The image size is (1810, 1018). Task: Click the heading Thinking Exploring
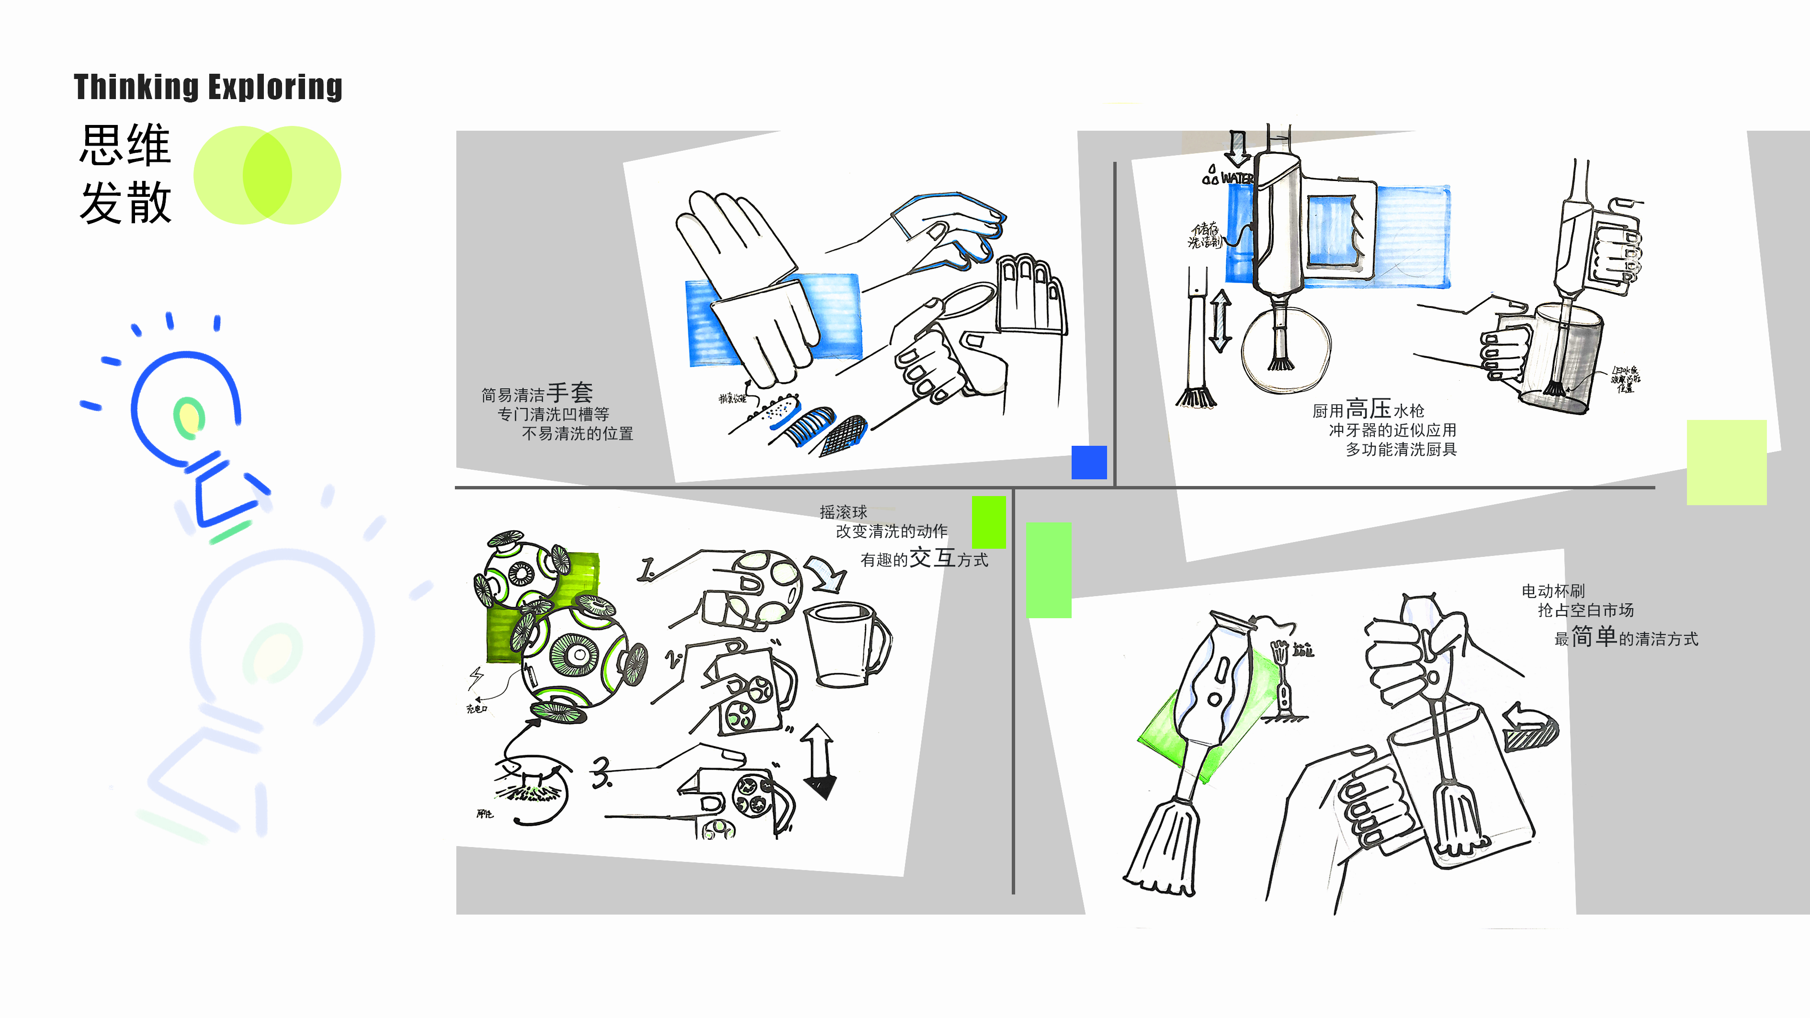pyautogui.click(x=208, y=87)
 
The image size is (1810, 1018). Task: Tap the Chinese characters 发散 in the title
pyautogui.click(x=125, y=203)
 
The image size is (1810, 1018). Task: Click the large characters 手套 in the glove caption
pyautogui.click(x=570, y=392)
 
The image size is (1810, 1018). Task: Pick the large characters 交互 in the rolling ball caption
pyautogui.click(x=932, y=558)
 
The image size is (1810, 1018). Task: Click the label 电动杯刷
pyautogui.click(x=1553, y=591)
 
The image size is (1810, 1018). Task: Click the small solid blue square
pyautogui.click(x=1088, y=462)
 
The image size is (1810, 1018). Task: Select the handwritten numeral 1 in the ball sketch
pyautogui.click(x=646, y=569)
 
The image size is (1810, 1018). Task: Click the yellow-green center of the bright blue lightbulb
pyautogui.click(x=188, y=417)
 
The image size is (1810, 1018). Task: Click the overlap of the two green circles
pyautogui.click(x=267, y=175)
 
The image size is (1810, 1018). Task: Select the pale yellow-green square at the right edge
pyautogui.click(x=1726, y=462)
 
